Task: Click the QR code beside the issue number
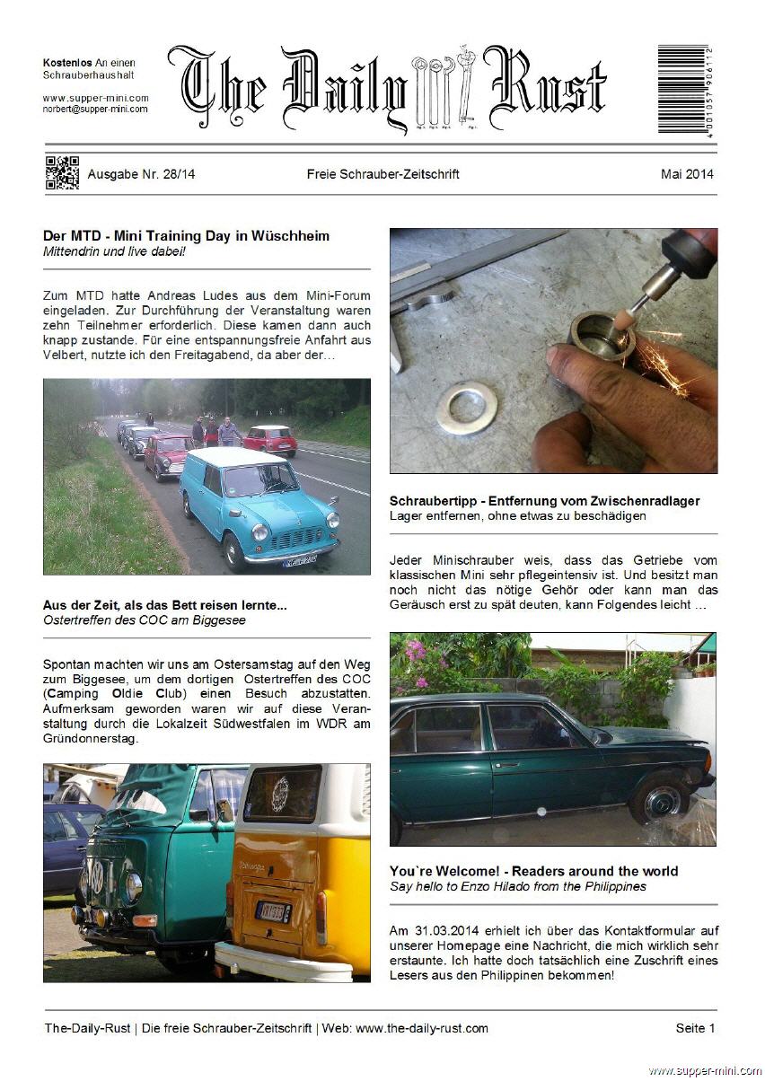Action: (62, 173)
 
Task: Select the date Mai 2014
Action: (687, 174)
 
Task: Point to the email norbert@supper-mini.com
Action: (95, 109)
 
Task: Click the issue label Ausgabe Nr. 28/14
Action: (141, 174)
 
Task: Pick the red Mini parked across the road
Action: (270, 439)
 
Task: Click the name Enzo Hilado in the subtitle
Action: (509, 886)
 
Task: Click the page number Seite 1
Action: (695, 1028)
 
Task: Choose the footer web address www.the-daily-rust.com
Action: (422, 1028)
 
